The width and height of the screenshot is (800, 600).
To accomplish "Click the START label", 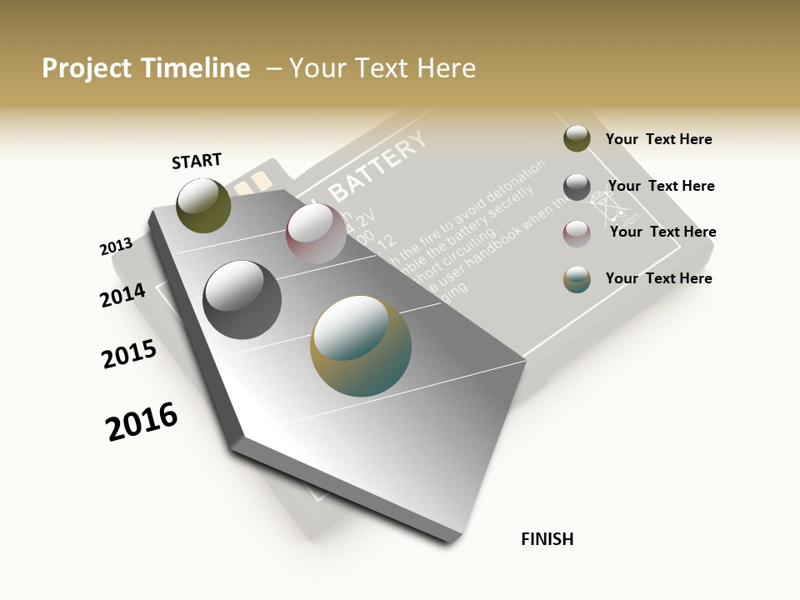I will [x=197, y=161].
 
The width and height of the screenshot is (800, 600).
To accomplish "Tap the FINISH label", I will [x=547, y=539].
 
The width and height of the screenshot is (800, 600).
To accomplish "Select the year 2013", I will [x=116, y=247].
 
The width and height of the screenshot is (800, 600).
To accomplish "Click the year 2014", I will [x=122, y=295].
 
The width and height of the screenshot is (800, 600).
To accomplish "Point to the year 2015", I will [x=129, y=354].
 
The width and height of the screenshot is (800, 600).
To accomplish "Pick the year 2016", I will [x=142, y=422].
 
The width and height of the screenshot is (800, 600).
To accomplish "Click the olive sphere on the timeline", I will [x=203, y=205].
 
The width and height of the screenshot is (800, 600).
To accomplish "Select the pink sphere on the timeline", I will [x=316, y=232].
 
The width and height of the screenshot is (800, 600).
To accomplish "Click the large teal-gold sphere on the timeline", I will [x=361, y=346].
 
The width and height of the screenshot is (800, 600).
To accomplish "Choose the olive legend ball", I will [x=577, y=138].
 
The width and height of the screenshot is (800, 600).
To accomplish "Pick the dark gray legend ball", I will [x=577, y=187].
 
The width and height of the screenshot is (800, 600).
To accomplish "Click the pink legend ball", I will [x=577, y=233].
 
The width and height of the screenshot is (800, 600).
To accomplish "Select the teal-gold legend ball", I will [x=577, y=279].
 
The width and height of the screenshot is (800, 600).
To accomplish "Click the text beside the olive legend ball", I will [x=658, y=139].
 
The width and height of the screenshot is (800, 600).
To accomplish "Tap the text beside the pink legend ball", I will [x=662, y=232].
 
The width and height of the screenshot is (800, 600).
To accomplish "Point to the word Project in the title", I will [x=87, y=68].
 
